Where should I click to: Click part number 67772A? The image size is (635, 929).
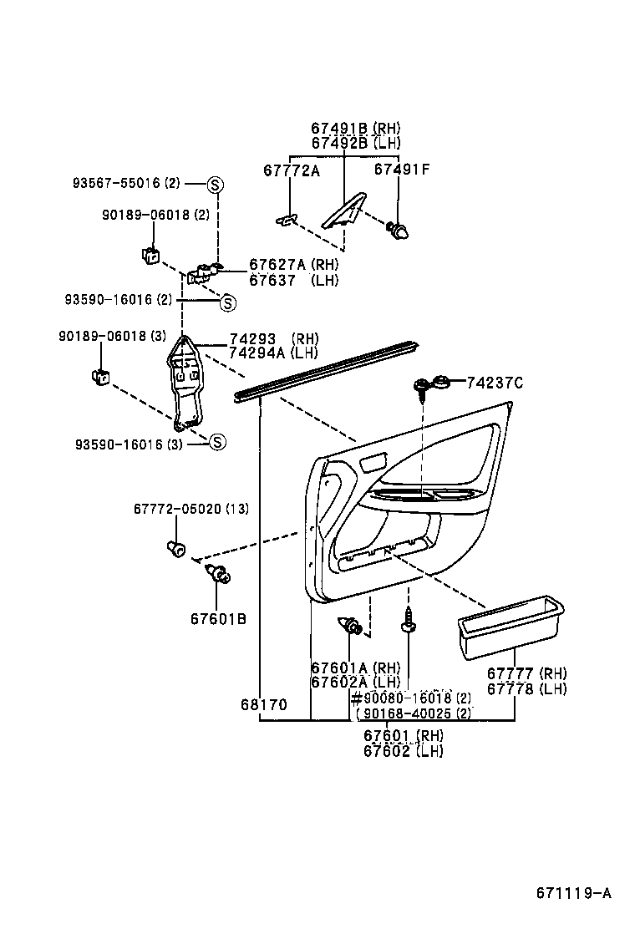(x=292, y=170)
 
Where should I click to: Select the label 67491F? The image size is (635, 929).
(x=401, y=170)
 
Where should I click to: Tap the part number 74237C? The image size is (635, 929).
(x=494, y=383)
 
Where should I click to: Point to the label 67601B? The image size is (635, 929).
(x=218, y=619)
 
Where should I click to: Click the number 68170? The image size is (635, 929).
(x=263, y=705)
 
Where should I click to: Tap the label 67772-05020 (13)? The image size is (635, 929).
(x=190, y=510)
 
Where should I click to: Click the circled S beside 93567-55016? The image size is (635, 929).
(x=214, y=184)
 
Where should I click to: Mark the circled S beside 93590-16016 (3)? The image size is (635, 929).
(x=216, y=443)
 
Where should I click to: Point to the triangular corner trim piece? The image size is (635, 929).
(x=346, y=212)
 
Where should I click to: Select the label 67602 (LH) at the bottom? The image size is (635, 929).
(x=403, y=751)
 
